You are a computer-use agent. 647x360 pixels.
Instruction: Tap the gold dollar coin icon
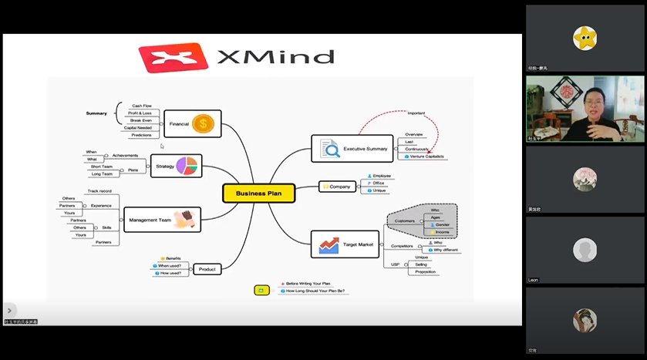pos(204,123)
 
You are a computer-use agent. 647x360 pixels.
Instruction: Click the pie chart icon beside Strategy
pos(187,166)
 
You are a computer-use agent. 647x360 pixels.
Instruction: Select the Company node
pos(340,187)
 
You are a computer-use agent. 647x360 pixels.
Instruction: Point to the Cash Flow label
pos(142,106)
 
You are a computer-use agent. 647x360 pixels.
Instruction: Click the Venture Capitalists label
pos(427,156)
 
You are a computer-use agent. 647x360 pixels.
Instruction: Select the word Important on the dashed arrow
pos(416,114)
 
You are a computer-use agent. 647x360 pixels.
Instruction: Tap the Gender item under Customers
pos(441,224)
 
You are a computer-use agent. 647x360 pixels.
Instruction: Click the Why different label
pos(445,250)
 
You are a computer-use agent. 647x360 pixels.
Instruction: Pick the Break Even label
pos(141,120)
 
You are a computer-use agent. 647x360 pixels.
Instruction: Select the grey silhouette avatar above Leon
pos(585,250)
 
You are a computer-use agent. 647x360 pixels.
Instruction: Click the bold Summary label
pos(96,113)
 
